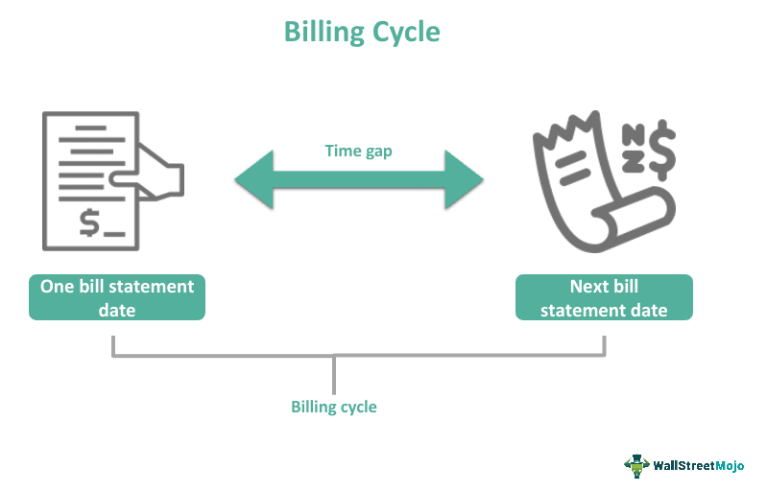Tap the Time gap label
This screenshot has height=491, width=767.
coord(357,151)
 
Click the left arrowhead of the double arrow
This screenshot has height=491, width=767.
coord(252,179)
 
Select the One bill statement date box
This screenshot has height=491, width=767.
coord(116,297)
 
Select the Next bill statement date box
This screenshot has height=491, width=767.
coord(604,297)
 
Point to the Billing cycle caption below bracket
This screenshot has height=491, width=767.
coord(334,407)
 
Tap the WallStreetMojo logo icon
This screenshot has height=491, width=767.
coord(636,465)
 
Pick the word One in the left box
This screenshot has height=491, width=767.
coord(56,287)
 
